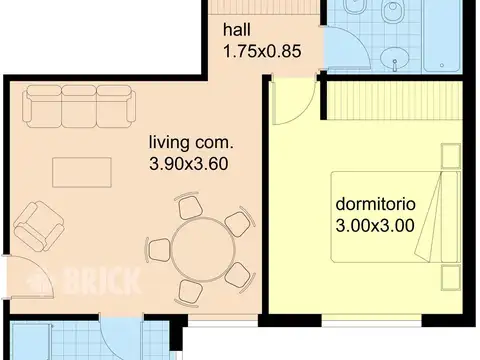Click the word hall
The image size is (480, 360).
click(237, 30)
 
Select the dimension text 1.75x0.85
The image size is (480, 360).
click(262, 51)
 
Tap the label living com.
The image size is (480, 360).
click(191, 143)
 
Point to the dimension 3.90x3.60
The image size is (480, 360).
click(189, 164)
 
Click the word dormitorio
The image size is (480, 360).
click(375, 204)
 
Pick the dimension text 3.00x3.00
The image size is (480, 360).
click(375, 225)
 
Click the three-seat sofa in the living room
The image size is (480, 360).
click(79, 106)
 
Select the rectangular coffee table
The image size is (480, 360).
click(82, 172)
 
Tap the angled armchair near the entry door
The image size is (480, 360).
click(39, 226)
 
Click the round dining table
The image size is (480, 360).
click(203, 250)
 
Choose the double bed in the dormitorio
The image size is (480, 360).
click(396, 217)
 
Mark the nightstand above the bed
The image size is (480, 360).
click(451, 156)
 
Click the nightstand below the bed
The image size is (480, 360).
click(451, 278)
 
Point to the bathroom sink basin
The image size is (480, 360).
click(394, 59)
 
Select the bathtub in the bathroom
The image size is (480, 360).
click(442, 36)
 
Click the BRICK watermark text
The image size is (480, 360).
click(101, 282)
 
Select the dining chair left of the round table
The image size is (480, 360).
click(157, 250)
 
